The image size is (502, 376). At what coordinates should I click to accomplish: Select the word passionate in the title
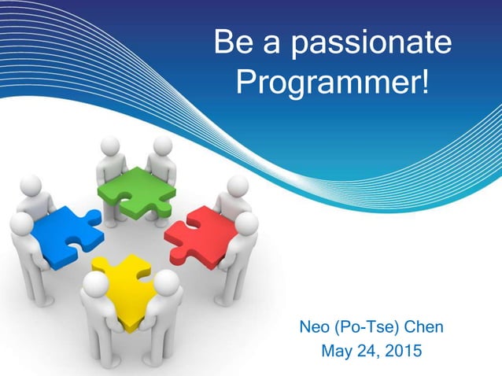[x=377, y=45]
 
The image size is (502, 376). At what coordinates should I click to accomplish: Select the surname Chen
[x=424, y=325]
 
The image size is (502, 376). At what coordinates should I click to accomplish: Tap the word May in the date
[x=338, y=350]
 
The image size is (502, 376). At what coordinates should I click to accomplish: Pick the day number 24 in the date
[x=368, y=350]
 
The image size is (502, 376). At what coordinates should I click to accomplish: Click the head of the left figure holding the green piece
[x=110, y=146]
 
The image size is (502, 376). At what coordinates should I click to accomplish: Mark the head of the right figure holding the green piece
[x=162, y=146]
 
